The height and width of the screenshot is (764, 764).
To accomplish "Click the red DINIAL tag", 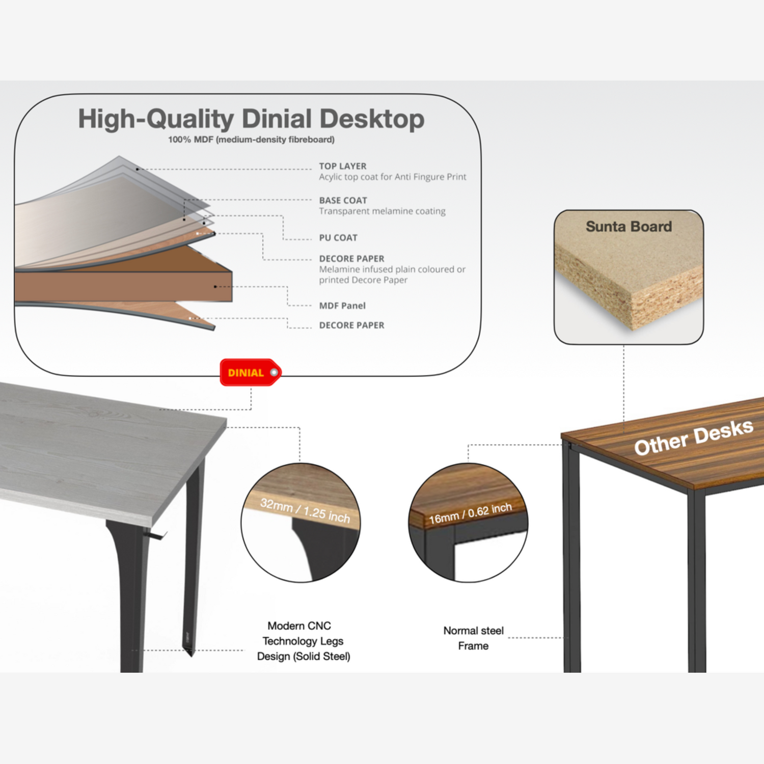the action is point(250,372).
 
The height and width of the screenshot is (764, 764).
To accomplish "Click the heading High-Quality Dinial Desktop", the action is point(251,119).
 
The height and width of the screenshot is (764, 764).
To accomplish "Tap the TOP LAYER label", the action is point(343,166).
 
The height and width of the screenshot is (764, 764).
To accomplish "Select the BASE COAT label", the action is point(343,200).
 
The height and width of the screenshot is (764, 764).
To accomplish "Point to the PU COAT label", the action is point(338,237).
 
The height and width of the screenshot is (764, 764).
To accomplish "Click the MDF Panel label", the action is point(342,306).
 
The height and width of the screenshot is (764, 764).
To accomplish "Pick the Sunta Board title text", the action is point(629,227).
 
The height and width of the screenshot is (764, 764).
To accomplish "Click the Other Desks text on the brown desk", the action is point(693,438).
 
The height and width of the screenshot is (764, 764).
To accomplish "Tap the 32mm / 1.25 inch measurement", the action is point(305,511).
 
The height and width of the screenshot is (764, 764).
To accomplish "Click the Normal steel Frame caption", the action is point(473,638).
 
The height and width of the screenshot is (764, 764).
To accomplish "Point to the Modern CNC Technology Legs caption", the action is point(304,641).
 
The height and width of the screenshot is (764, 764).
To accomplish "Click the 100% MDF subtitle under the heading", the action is point(252,140).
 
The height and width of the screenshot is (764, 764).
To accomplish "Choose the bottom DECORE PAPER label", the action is point(351,325).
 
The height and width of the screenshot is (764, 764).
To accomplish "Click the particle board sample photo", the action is point(629,277).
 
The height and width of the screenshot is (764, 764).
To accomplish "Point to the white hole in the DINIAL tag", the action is point(274,372).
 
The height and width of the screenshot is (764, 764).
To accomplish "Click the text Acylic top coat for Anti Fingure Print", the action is point(393,177).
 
